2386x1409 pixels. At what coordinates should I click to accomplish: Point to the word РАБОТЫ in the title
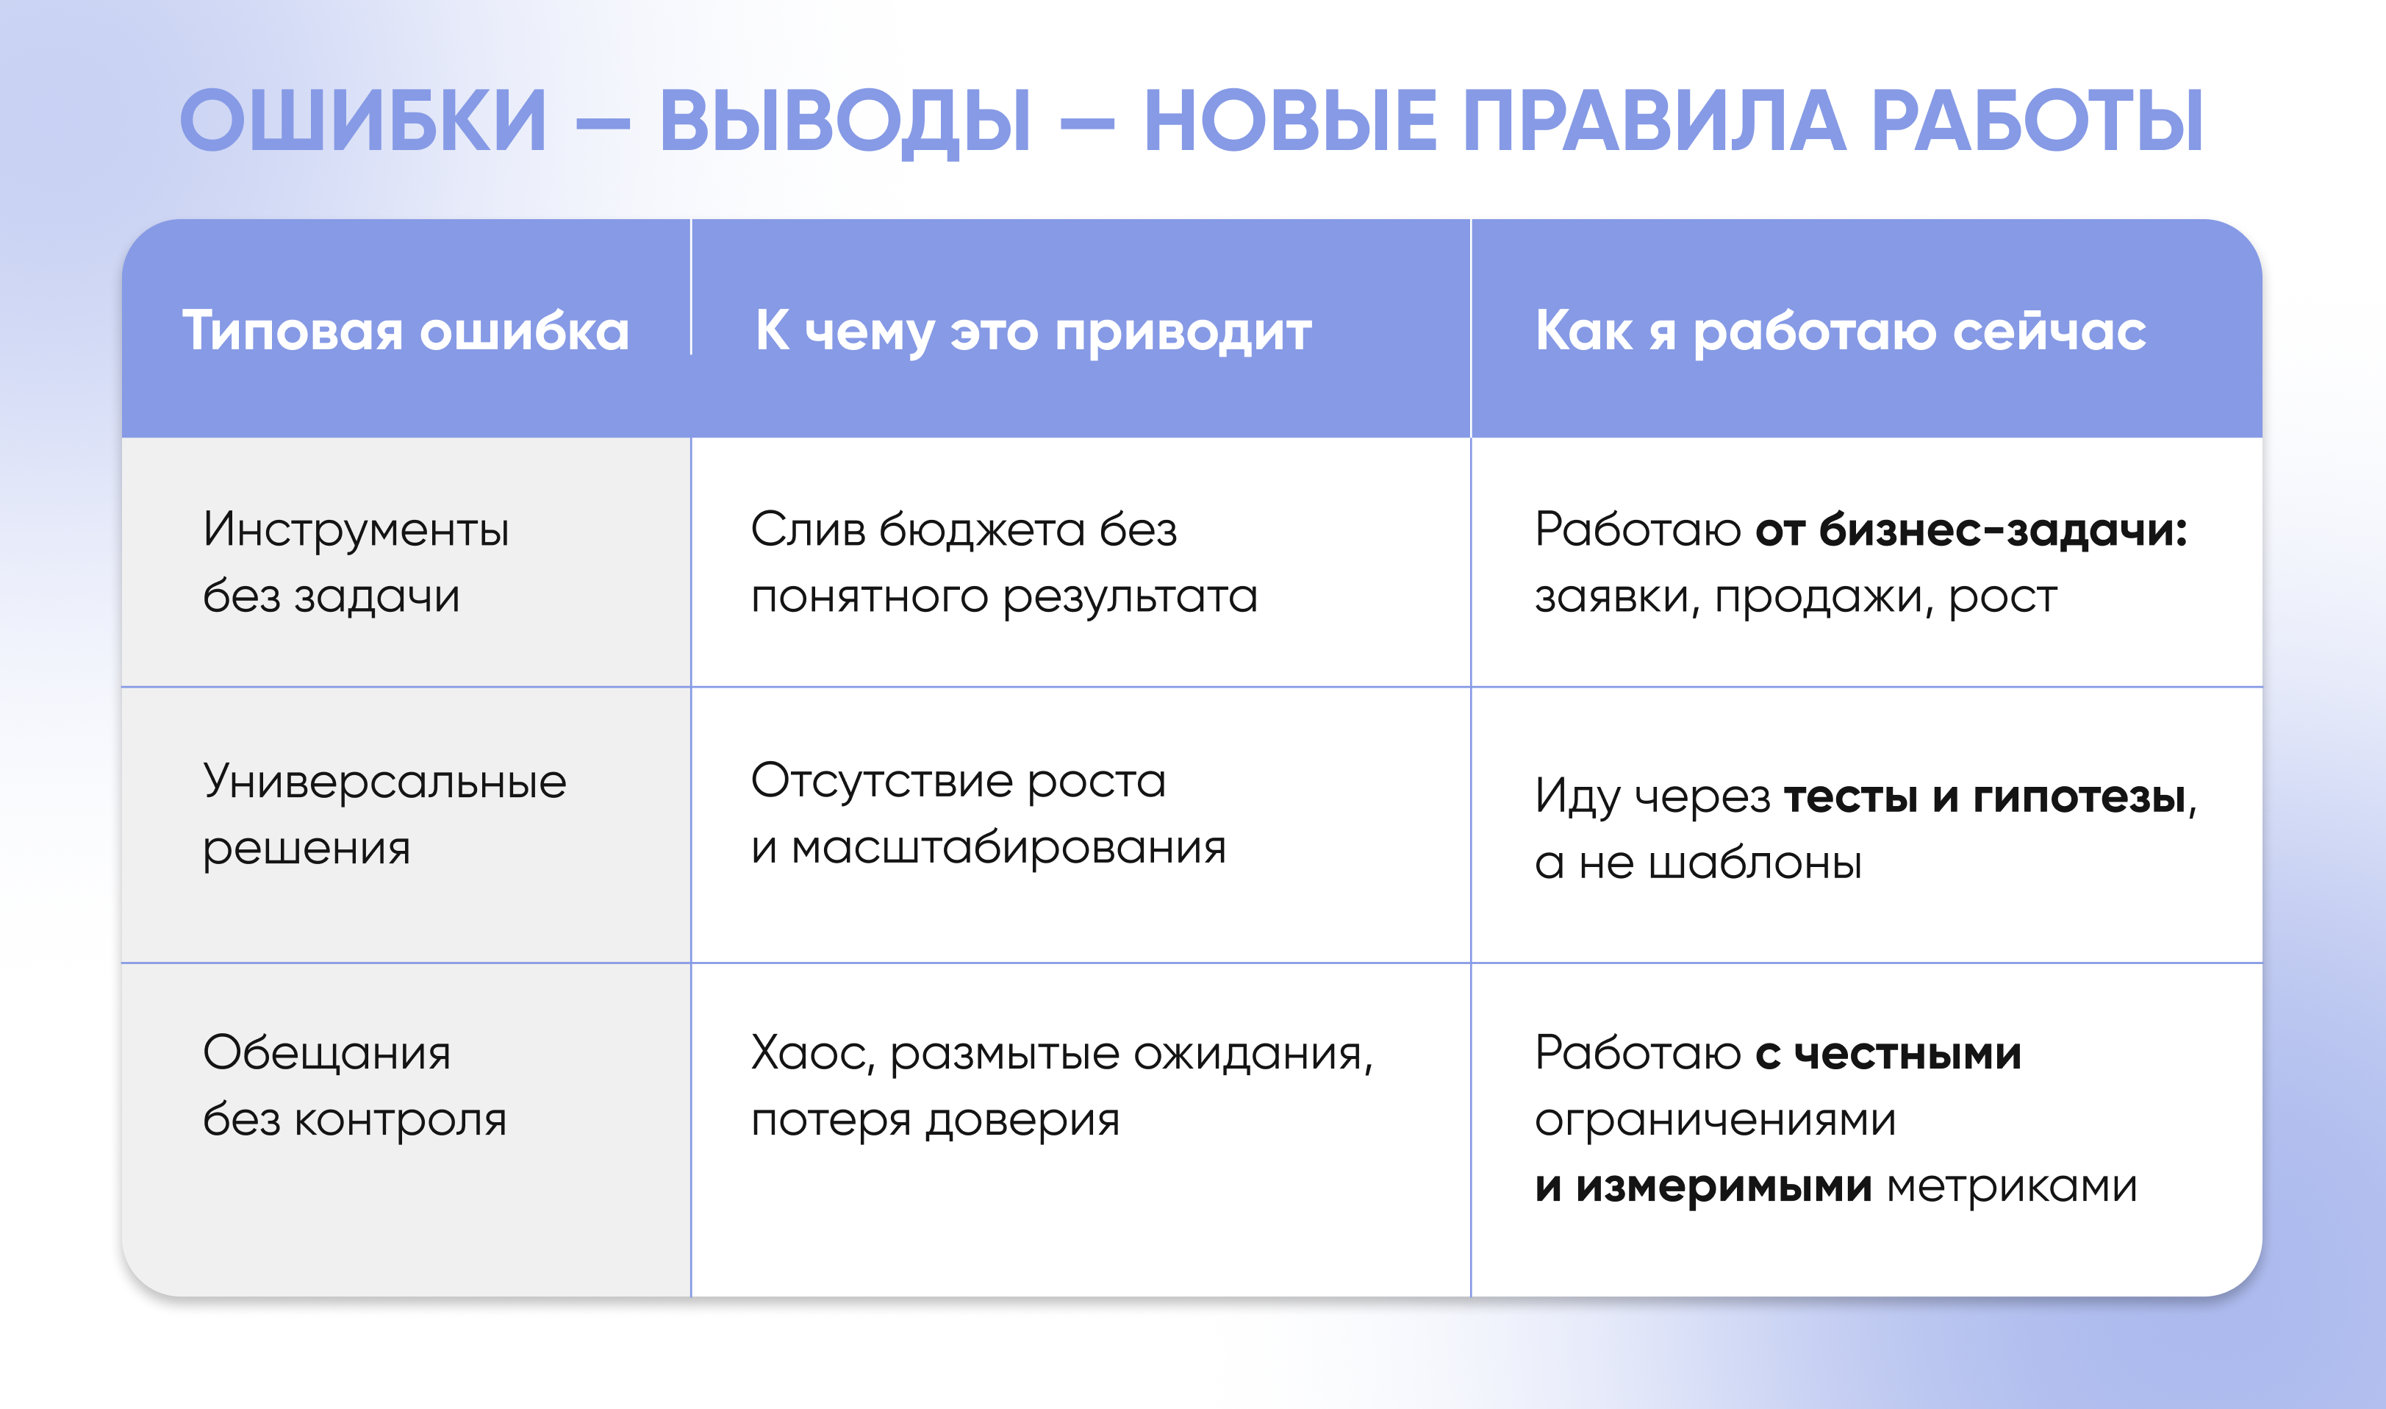(x=2037, y=121)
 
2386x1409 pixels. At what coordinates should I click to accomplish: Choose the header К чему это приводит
(x=1033, y=332)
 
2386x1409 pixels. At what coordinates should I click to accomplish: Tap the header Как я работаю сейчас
(x=1841, y=332)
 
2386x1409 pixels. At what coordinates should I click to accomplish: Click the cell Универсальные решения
(x=384, y=816)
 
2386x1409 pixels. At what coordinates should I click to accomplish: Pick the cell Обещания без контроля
(x=355, y=1086)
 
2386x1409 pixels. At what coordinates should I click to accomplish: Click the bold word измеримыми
(x=1724, y=1187)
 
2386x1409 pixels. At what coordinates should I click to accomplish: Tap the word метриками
(x=2012, y=1187)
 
